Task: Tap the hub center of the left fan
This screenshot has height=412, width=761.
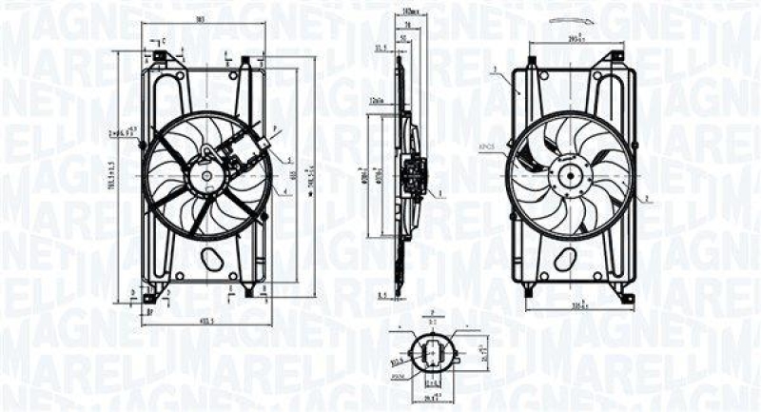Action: tap(205, 176)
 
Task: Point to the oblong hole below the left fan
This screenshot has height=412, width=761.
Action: tap(212, 260)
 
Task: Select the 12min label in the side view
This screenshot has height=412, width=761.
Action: tap(378, 98)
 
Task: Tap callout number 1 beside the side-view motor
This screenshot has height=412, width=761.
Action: tap(440, 194)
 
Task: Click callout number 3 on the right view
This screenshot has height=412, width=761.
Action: tap(496, 69)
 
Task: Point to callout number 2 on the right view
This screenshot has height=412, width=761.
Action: tap(646, 198)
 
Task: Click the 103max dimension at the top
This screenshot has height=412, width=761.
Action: tap(409, 10)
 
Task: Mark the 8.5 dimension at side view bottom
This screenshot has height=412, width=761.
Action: tap(381, 296)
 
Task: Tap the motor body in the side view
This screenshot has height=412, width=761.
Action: tap(414, 177)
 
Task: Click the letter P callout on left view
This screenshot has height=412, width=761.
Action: tap(275, 127)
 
